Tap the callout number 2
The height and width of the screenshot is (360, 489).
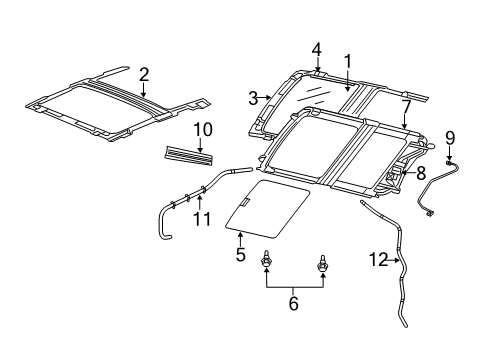pyautogui.click(x=144, y=73)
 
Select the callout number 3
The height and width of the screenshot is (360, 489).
pyautogui.click(x=254, y=97)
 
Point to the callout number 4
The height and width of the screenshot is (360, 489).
pyautogui.click(x=316, y=48)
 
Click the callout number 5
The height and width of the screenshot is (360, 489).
pyautogui.click(x=240, y=254)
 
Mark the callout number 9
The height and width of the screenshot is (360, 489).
pyautogui.click(x=449, y=136)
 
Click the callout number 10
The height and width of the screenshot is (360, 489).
pyautogui.click(x=203, y=128)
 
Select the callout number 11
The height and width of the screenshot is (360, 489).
pyautogui.click(x=203, y=217)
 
